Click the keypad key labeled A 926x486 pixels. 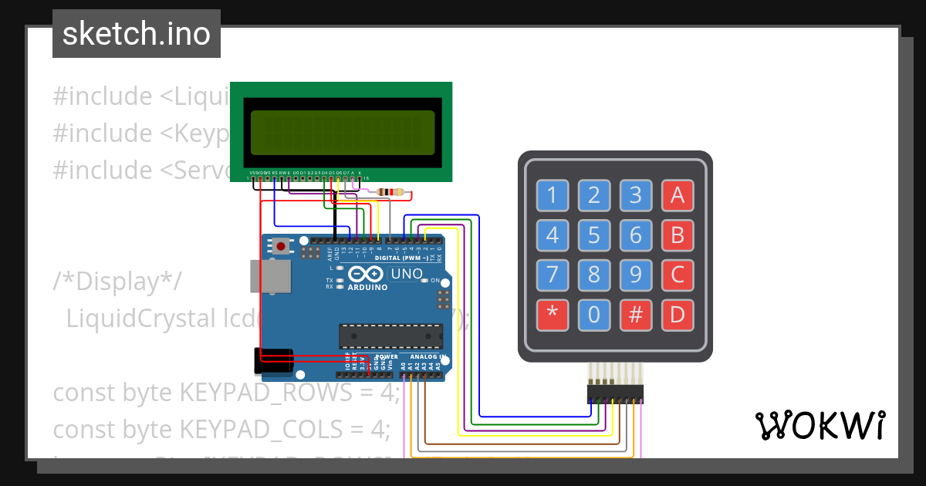(x=677, y=195)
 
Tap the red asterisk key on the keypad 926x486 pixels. (x=552, y=314)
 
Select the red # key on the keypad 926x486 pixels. (x=635, y=314)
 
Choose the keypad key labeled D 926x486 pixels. (x=677, y=314)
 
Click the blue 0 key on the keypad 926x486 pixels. (x=593, y=314)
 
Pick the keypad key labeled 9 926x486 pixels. (x=635, y=275)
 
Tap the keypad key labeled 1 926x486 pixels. (x=552, y=195)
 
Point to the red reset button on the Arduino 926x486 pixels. (x=282, y=247)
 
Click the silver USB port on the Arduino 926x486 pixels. (x=270, y=276)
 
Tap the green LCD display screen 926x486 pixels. (x=341, y=132)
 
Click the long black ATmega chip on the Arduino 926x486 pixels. (x=390, y=336)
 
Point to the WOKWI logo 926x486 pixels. (x=819, y=425)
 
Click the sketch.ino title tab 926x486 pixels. (x=137, y=34)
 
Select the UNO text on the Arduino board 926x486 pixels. (x=406, y=274)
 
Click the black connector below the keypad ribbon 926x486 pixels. (x=615, y=394)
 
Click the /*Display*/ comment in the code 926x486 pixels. (x=117, y=281)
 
